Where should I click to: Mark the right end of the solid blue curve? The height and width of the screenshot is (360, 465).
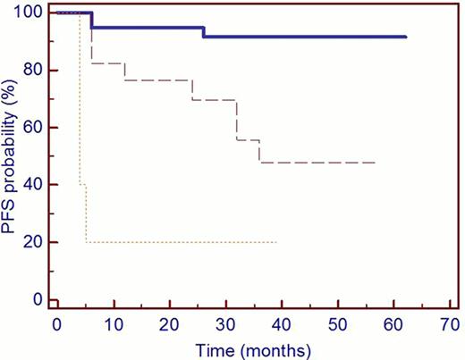click(406, 37)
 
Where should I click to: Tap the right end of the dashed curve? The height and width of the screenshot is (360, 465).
click(375, 163)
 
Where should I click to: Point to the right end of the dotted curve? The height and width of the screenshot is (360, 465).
click(276, 242)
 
